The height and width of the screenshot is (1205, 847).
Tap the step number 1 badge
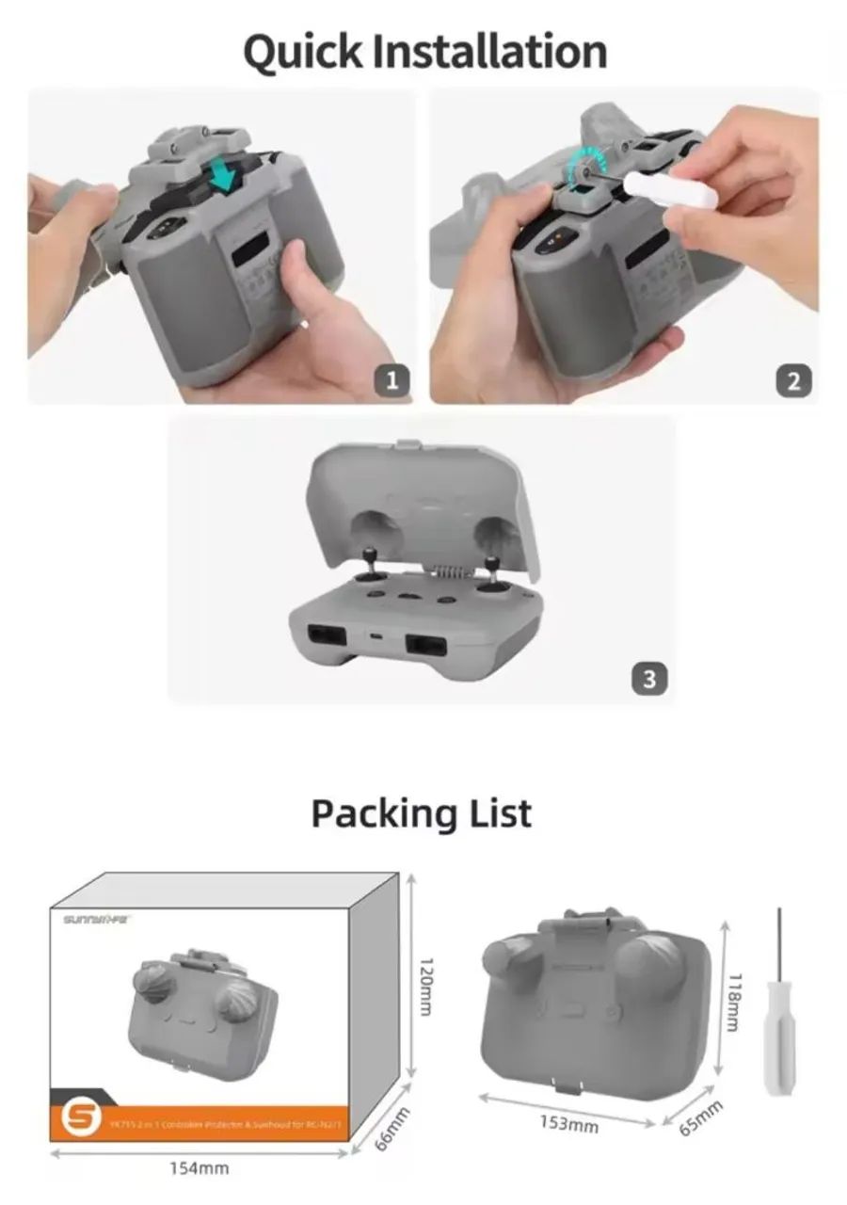click(x=392, y=380)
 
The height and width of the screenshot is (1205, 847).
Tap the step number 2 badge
click(x=793, y=380)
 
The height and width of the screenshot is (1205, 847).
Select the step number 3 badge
click(x=649, y=677)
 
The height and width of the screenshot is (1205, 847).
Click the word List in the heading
click(x=500, y=811)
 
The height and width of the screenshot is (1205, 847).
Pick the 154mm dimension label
click(x=199, y=1168)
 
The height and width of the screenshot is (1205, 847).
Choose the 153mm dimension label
click(x=568, y=1123)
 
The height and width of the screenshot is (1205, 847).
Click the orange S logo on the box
click(x=75, y=1117)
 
